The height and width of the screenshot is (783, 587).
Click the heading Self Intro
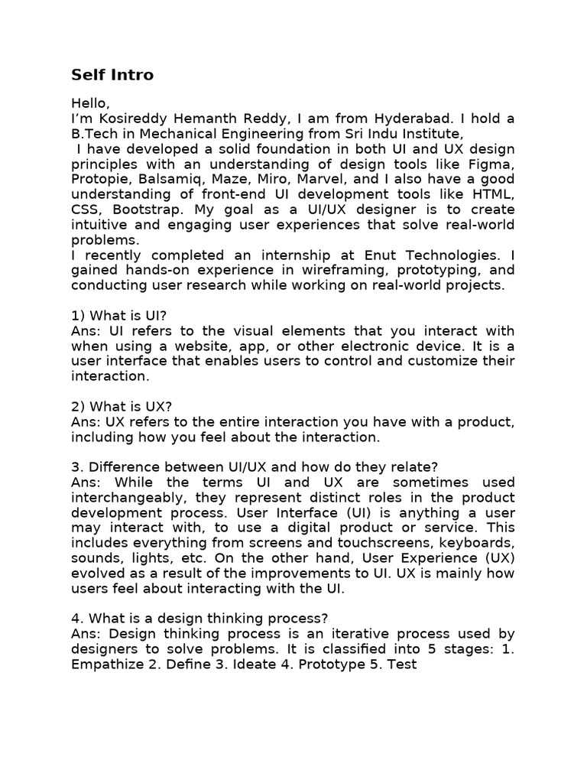(112, 75)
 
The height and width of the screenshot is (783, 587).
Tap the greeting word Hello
(90, 102)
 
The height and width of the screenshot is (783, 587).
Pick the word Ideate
(256, 664)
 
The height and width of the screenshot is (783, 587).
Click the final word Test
(402, 664)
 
